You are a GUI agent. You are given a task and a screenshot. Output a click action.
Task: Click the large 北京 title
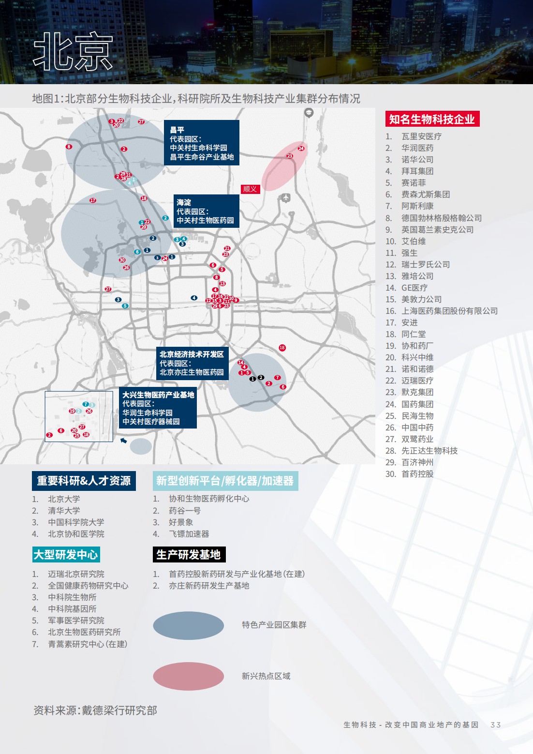[x=73, y=52]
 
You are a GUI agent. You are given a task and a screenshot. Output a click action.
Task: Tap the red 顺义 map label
[x=250, y=189]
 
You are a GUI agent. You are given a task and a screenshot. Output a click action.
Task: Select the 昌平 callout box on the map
[x=202, y=143]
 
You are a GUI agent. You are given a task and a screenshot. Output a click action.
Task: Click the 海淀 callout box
[x=207, y=211]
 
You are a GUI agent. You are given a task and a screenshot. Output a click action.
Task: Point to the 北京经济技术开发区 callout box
[x=192, y=363]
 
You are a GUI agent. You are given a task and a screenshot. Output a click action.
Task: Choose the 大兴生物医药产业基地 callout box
[x=158, y=408]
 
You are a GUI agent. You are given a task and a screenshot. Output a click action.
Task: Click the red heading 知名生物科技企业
[x=432, y=119]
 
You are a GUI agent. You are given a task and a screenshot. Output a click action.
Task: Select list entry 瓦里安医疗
[x=421, y=136]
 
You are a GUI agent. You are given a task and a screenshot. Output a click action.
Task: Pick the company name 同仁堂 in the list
[x=414, y=334]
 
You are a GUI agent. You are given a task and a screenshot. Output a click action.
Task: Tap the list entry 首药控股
[x=417, y=474]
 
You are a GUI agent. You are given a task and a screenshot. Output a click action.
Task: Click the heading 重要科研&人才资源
[x=84, y=481]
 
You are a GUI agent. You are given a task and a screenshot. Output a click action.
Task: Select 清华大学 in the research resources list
[x=64, y=511]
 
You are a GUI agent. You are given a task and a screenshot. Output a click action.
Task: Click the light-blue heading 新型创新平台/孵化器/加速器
[x=225, y=481]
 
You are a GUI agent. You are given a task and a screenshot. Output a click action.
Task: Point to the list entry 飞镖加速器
[x=189, y=534]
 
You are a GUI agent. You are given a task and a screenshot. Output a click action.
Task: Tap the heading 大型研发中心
[x=66, y=555]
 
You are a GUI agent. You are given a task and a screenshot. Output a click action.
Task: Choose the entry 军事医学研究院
[x=76, y=621]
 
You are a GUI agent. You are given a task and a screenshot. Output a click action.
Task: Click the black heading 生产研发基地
[x=189, y=555]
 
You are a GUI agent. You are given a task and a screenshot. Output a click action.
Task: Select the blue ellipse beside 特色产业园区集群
[x=188, y=625]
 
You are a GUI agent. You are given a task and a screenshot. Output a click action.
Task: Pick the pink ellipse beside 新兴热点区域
[x=188, y=676]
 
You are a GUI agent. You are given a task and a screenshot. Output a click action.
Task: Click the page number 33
[x=495, y=724]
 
